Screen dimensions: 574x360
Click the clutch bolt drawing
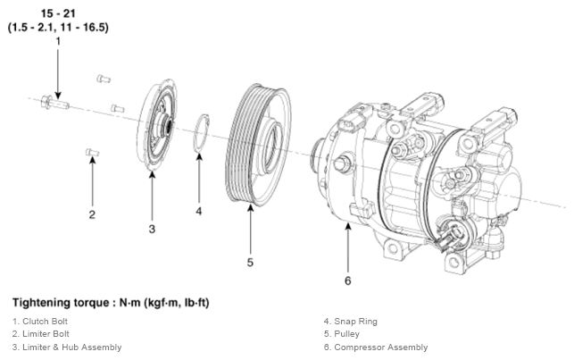click(x=55, y=102)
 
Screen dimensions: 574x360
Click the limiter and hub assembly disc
click(x=157, y=124)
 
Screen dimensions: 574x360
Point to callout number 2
click(x=92, y=214)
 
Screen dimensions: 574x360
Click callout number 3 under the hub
click(x=152, y=230)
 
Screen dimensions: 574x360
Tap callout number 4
click(x=199, y=212)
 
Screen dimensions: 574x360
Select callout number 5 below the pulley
click(x=250, y=263)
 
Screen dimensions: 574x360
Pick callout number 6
click(x=348, y=280)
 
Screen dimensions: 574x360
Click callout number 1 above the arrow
click(x=58, y=41)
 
